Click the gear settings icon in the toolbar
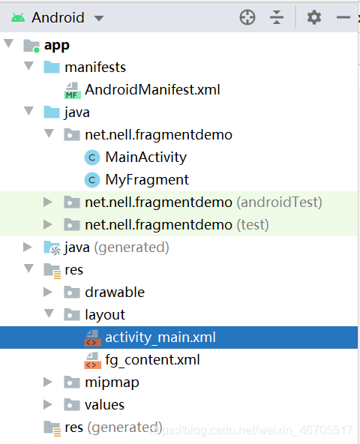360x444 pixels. coord(314,17)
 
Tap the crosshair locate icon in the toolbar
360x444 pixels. coord(247,17)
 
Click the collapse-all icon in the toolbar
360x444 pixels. coord(277,17)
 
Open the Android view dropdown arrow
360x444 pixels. coord(99,19)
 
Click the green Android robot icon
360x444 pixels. coord(18,18)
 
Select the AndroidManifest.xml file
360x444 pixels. coord(152,90)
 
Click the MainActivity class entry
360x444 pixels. coord(145,157)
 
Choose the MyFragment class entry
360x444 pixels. coord(147,180)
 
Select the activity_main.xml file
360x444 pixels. coord(160,337)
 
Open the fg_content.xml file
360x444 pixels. coord(152,360)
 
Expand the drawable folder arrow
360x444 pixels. coord(48,292)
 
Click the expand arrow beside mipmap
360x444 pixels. coord(48,382)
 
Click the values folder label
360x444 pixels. coord(104,405)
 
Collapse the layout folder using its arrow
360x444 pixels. coord(49,313)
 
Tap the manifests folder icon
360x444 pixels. coord(52,67)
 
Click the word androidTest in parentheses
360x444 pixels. coord(279,202)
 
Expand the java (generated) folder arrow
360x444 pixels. coord(28,247)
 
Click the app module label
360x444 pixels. coord(57,45)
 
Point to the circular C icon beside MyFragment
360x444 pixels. coord(92,180)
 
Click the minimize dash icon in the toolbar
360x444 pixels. coord(343,17)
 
